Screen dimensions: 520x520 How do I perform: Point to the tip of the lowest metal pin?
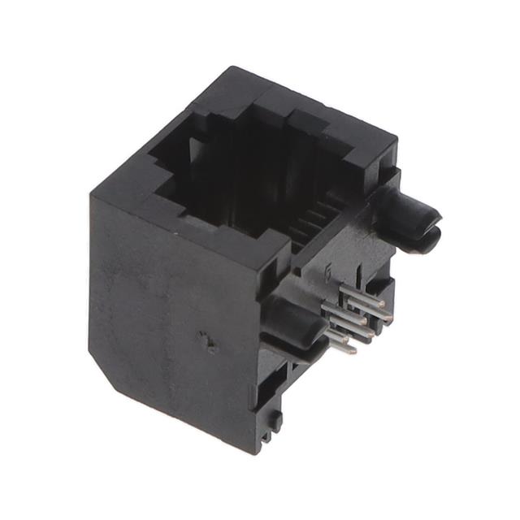tap(351, 352)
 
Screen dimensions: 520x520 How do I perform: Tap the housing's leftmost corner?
tap(90, 199)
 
